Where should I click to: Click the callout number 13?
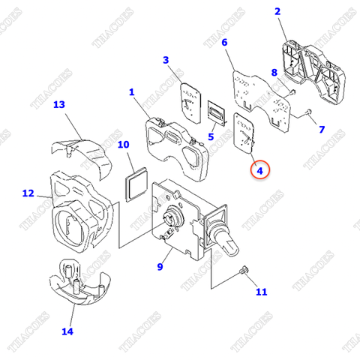click(x=59, y=105)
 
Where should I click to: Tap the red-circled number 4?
click(x=260, y=170)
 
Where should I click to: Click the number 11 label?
click(x=261, y=292)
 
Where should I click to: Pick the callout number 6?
click(x=223, y=43)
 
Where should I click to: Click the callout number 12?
click(x=28, y=193)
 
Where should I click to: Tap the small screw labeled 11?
click(x=241, y=271)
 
